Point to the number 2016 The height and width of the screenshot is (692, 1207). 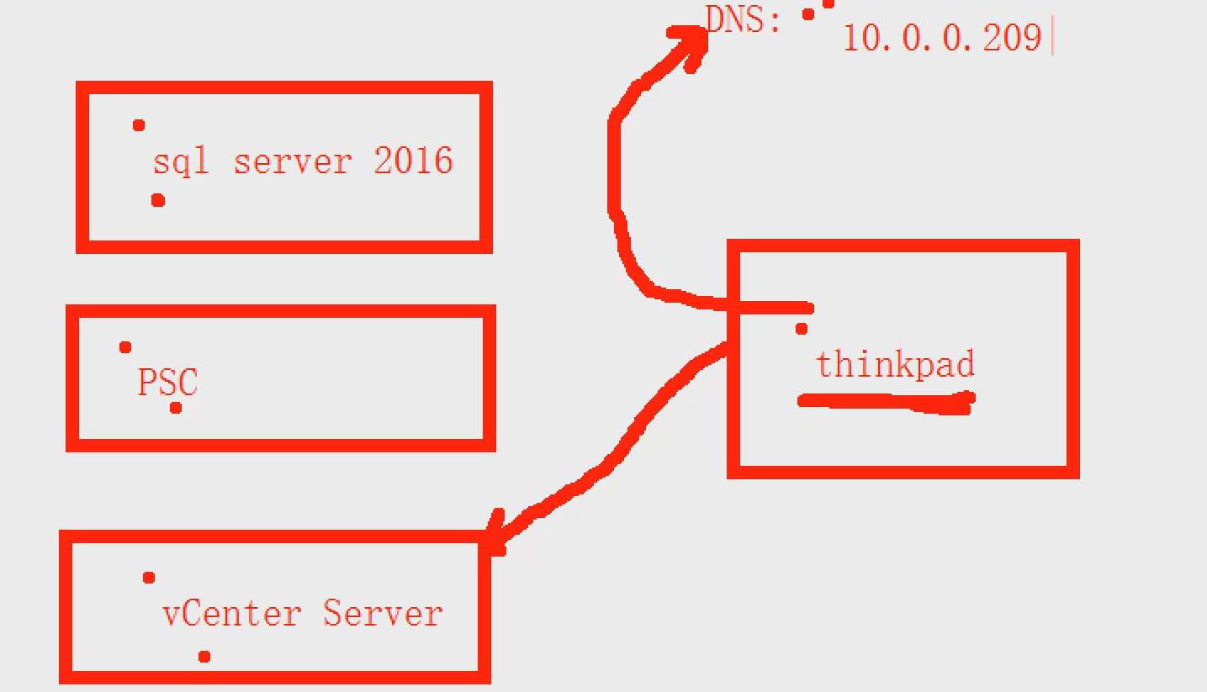coord(413,160)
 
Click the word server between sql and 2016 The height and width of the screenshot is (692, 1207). coord(292,161)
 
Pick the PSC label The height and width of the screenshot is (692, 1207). coord(167,383)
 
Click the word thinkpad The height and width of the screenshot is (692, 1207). coord(895,364)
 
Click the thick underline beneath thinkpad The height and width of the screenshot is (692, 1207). coord(885,403)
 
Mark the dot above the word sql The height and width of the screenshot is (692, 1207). coord(139,125)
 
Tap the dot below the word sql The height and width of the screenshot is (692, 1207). coord(157,200)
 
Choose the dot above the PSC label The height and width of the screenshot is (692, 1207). coord(125,347)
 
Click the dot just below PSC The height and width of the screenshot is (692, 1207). coord(176,408)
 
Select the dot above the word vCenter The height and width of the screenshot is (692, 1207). coord(149,578)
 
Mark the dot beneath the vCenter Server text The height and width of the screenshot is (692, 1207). coord(204,657)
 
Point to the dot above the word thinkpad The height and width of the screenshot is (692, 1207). coord(802,329)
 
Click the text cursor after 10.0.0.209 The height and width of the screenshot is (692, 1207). coord(1052,39)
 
